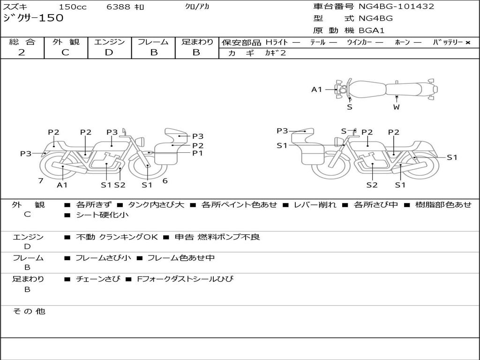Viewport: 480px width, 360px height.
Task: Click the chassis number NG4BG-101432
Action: [397, 7]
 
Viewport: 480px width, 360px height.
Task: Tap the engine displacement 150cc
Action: [73, 7]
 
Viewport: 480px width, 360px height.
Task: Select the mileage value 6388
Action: [118, 7]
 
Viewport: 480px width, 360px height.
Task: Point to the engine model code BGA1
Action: [372, 30]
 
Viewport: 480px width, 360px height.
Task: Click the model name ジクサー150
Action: [33, 18]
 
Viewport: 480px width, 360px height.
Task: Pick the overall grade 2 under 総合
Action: [22, 52]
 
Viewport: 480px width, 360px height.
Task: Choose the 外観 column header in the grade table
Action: [66, 42]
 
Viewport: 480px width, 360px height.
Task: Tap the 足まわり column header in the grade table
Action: [197, 42]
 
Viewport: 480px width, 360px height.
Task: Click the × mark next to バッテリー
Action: [467, 42]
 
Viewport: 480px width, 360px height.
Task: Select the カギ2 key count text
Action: [275, 53]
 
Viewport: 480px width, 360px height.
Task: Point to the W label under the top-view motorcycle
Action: [397, 107]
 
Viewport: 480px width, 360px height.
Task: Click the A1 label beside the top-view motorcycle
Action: [317, 89]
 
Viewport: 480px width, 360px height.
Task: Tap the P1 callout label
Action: [197, 153]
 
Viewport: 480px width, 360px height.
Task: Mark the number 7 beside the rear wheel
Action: [41, 180]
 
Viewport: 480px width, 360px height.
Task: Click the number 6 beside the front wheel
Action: [165, 180]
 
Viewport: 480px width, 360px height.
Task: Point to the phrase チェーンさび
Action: [98, 279]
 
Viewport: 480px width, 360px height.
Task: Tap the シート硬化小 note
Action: [102, 215]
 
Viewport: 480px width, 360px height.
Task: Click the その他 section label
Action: [29, 311]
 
